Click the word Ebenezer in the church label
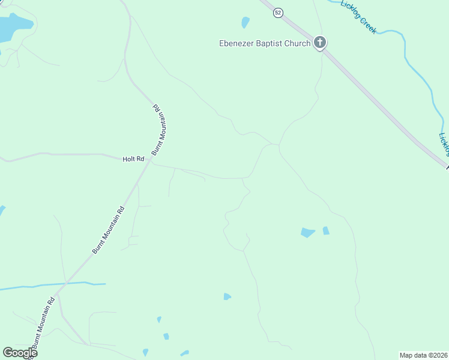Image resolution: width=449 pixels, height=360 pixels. click(239, 43)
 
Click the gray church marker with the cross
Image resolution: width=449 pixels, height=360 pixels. click(320, 43)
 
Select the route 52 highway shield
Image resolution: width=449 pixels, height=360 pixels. click(277, 13)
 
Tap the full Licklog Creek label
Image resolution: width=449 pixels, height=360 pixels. click(358, 16)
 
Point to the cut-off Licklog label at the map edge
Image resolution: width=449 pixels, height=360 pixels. click(444, 145)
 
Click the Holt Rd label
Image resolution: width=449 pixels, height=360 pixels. click(134, 159)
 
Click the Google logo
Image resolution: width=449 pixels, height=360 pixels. click(20, 353)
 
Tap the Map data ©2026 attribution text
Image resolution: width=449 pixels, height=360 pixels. click(423, 355)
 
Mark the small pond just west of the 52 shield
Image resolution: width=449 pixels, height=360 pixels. click(245, 23)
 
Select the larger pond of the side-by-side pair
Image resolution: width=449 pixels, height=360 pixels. click(307, 232)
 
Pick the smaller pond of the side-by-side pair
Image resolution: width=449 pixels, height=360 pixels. click(325, 230)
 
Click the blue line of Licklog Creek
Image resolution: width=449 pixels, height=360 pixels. click(414, 66)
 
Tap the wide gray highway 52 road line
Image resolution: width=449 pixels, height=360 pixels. click(372, 96)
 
